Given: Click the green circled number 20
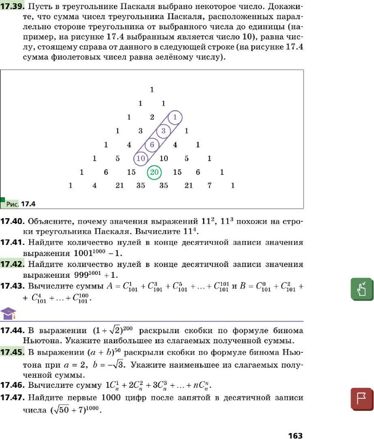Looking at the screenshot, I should click(155, 172).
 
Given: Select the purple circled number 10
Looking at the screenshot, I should click(140, 159).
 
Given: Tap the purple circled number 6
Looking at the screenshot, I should click(152, 145).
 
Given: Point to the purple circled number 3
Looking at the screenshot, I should click(163, 131).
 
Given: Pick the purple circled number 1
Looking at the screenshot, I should click(175, 117).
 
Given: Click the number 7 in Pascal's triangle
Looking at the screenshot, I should click(209, 186).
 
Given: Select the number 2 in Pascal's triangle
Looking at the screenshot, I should click(152, 117).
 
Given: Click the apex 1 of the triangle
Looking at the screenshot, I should click(152, 90).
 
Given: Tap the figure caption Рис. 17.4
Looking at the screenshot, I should click(21, 204).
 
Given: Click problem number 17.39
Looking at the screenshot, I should click(12, 7).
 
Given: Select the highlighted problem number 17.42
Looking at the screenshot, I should click(12, 265).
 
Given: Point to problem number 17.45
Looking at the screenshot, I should click(12, 352).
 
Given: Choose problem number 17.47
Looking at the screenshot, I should click(12, 398).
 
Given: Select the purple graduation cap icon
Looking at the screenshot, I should click(8, 314).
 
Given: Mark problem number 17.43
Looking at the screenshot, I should click(12, 286).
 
